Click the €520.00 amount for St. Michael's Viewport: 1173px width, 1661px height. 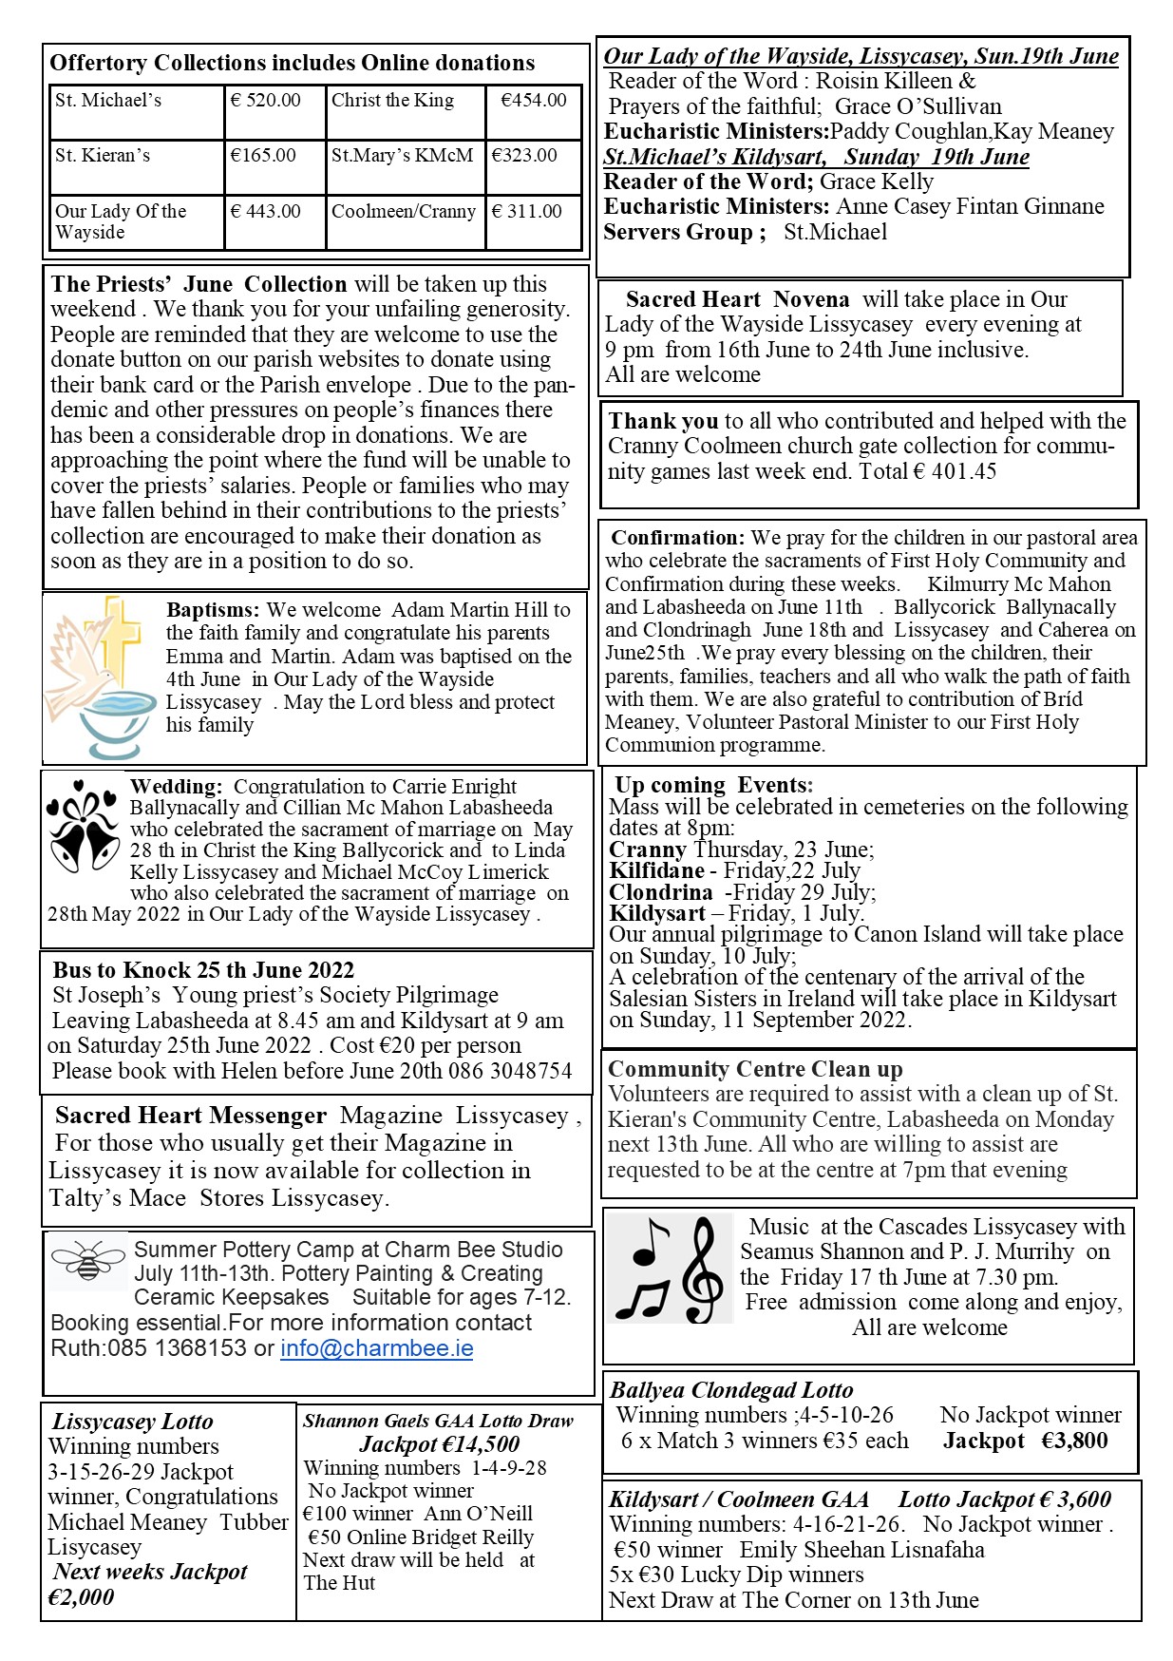click(x=266, y=101)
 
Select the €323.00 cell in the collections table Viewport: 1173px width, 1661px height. click(x=524, y=156)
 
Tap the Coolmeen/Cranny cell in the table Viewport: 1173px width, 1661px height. click(x=404, y=212)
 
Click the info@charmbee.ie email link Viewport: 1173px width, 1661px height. click(x=376, y=1348)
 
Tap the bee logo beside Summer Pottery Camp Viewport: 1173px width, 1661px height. click(x=88, y=1261)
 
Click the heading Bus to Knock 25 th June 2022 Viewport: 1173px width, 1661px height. click(x=203, y=970)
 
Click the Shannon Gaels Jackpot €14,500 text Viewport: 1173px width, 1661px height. click(x=440, y=1444)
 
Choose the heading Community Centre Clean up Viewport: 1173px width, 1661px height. click(x=755, y=1069)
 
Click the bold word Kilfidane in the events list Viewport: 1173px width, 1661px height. click(x=657, y=870)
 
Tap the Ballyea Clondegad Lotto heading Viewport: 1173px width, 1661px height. click(x=731, y=1390)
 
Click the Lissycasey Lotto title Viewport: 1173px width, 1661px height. click(x=132, y=1422)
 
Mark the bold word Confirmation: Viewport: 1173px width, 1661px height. click(x=678, y=538)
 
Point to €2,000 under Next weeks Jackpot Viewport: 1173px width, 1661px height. click(x=82, y=1597)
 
